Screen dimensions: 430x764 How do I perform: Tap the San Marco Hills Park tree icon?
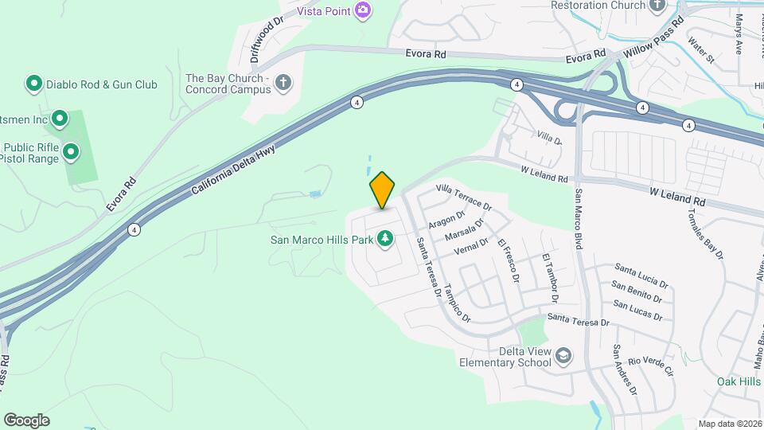pyautogui.click(x=385, y=238)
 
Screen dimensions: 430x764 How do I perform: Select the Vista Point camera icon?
pyautogui.click(x=364, y=10)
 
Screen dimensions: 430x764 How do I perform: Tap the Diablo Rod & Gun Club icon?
pyautogui.click(x=33, y=84)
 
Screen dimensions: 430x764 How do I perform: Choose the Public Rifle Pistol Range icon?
pyautogui.click(x=71, y=151)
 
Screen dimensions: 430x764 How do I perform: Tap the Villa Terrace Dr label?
pyautogui.click(x=465, y=197)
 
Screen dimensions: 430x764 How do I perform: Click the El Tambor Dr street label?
pyautogui.click(x=550, y=279)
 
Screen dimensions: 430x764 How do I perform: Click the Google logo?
pyautogui.click(x=26, y=420)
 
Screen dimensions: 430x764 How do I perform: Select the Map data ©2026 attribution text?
pyautogui.click(x=730, y=424)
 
